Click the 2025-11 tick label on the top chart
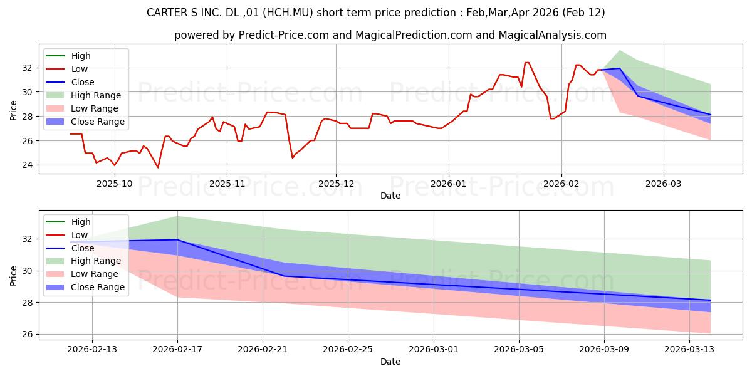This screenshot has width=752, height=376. [x=226, y=184]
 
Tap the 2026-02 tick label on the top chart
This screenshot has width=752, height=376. [x=561, y=184]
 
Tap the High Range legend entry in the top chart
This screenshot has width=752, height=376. [x=96, y=95]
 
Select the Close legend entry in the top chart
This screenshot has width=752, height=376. [x=83, y=82]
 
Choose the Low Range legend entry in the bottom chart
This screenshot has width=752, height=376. [x=95, y=274]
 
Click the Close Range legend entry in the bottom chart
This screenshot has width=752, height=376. [x=97, y=288]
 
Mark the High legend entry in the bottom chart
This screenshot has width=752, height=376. [x=81, y=222]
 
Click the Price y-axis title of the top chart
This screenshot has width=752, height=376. [x=14, y=110]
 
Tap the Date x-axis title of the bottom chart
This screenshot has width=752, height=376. [x=390, y=362]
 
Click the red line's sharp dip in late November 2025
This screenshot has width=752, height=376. [x=293, y=157]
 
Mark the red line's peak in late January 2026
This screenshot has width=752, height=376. [x=526, y=63]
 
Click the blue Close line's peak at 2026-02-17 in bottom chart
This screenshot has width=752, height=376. [x=177, y=239]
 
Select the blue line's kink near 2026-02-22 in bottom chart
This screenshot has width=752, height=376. [x=283, y=276]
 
